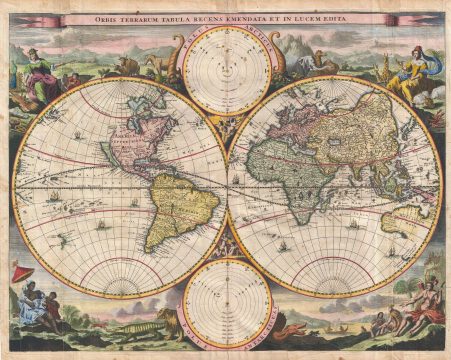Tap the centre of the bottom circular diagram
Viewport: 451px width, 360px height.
click(x=226, y=300)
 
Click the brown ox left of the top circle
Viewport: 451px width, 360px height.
click(x=128, y=67)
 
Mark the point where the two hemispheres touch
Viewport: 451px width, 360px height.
click(x=227, y=186)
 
